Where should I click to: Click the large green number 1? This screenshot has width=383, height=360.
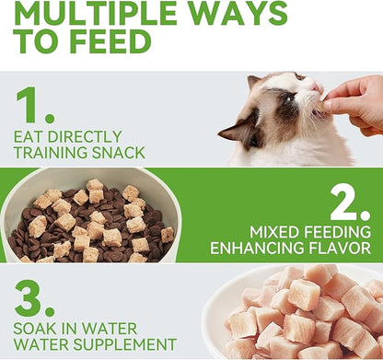[x=34, y=106]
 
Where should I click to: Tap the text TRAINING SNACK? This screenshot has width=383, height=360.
[x=82, y=151]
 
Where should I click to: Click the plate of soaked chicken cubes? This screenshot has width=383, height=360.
[x=304, y=313]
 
